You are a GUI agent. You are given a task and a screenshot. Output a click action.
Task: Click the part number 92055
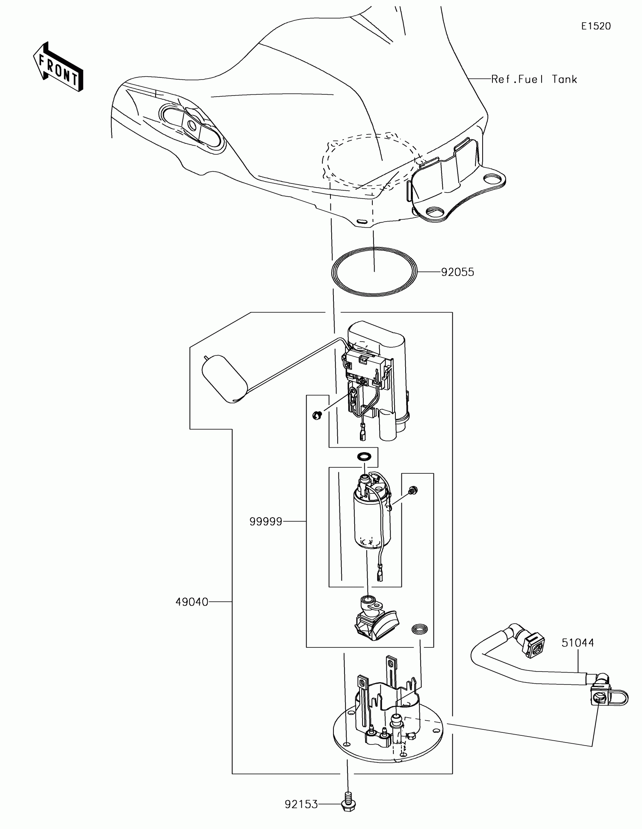(457, 272)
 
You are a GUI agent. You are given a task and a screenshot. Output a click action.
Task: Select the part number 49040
(192, 602)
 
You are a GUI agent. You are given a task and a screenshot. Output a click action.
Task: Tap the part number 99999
(266, 522)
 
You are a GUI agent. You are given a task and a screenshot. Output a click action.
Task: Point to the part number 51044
(577, 643)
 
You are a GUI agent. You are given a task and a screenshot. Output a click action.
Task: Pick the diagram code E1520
(596, 26)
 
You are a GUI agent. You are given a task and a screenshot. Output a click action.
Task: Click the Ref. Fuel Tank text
(534, 79)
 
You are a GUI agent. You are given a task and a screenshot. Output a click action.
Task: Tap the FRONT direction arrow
(58, 68)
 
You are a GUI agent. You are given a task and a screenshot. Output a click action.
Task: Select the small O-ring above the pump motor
(365, 456)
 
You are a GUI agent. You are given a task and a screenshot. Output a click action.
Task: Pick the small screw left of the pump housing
(317, 415)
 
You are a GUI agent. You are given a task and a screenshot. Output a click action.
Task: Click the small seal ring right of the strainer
(420, 629)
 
